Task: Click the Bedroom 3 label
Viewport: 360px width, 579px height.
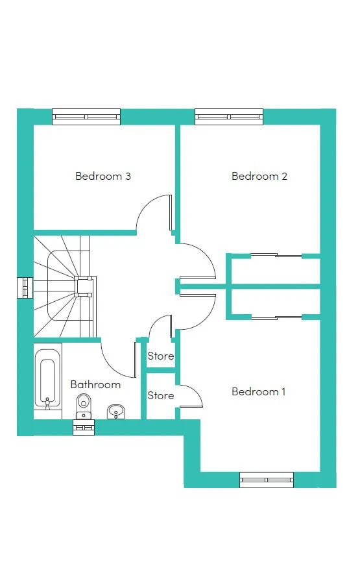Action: coord(103,176)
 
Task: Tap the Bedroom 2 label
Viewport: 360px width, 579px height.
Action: coord(259,176)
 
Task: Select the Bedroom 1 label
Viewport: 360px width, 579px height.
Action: coord(259,391)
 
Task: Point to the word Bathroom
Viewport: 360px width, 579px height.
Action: coord(95,384)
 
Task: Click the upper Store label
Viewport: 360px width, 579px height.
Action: coord(161,356)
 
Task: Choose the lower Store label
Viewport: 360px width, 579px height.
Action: coord(161,395)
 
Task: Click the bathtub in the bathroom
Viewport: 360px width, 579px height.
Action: coord(47,379)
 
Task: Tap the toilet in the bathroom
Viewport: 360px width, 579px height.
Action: coord(84,406)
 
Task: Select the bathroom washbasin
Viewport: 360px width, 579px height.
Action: coord(116,412)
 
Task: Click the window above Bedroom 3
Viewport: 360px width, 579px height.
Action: coord(86,117)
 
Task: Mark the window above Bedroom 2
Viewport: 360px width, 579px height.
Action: coord(229,117)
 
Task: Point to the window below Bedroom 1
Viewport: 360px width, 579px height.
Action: coord(267,480)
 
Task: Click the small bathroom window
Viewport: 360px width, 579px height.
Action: coord(84,428)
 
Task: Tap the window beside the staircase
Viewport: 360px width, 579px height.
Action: coord(25,288)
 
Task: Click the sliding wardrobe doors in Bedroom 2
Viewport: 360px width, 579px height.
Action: coord(276,255)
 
